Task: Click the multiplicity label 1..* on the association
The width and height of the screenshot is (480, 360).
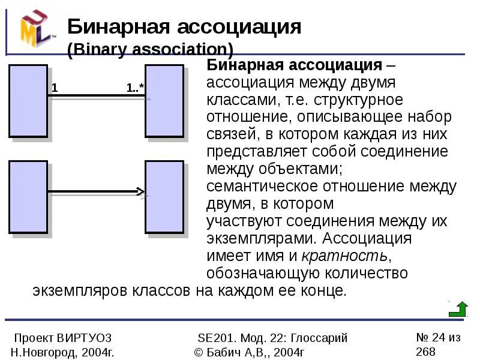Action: point(135,88)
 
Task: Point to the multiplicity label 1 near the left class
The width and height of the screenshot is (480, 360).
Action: point(55,88)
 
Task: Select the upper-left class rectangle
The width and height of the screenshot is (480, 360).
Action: point(28,101)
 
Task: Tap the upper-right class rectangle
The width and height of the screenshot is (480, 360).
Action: point(164,101)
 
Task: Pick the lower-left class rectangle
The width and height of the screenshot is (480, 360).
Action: point(28,197)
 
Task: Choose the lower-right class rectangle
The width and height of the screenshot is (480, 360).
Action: point(164,197)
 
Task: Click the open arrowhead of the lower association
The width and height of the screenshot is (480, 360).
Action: point(141,193)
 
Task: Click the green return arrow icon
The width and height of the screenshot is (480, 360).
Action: point(458,309)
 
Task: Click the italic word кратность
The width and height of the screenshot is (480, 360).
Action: point(345,256)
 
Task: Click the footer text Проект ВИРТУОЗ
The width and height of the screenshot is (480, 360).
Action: point(62,338)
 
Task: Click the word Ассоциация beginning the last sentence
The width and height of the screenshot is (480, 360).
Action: point(367,238)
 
